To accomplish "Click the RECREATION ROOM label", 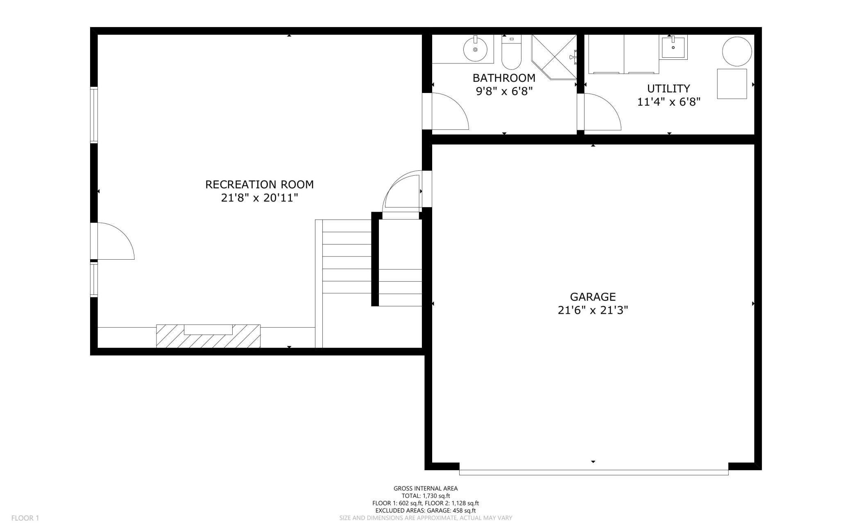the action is (x=259, y=184).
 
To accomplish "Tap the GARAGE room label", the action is (x=593, y=297).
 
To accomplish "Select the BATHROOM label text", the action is (x=504, y=78).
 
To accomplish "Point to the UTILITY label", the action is (x=668, y=88).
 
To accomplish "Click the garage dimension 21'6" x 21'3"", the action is (x=593, y=310).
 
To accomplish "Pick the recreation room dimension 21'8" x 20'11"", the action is (x=259, y=198).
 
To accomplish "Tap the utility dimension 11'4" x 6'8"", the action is (x=668, y=102).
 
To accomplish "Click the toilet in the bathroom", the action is (x=511, y=52).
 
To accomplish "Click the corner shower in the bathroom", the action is (x=554, y=57).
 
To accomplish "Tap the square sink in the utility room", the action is (x=673, y=48).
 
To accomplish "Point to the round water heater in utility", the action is (x=737, y=52).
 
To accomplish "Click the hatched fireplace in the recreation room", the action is (x=208, y=336).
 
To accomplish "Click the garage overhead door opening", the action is (x=594, y=473).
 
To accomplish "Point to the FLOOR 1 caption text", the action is (x=25, y=518).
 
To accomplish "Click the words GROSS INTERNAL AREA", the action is (x=426, y=488).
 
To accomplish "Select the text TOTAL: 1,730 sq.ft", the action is (x=426, y=496).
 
